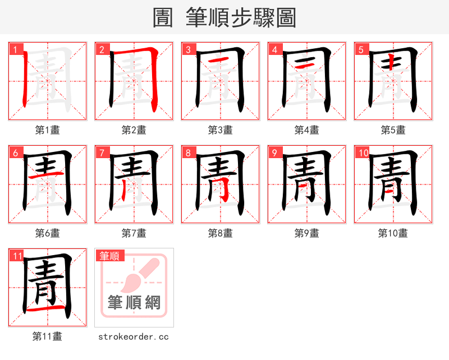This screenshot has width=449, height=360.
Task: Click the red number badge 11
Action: point(17,256)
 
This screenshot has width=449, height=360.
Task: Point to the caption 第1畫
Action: point(48,130)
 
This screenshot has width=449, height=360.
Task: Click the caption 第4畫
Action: point(307,130)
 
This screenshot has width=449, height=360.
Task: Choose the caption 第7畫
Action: point(134,233)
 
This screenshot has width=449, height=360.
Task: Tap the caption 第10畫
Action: point(393,233)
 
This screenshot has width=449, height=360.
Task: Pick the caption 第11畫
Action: point(48,336)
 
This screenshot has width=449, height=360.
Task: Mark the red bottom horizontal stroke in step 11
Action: point(48,309)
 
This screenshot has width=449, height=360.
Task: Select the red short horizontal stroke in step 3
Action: point(219,59)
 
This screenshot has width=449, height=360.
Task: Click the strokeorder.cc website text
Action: point(134,336)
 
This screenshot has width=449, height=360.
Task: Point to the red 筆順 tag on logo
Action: point(110,256)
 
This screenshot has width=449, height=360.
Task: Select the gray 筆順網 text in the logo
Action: point(134,303)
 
